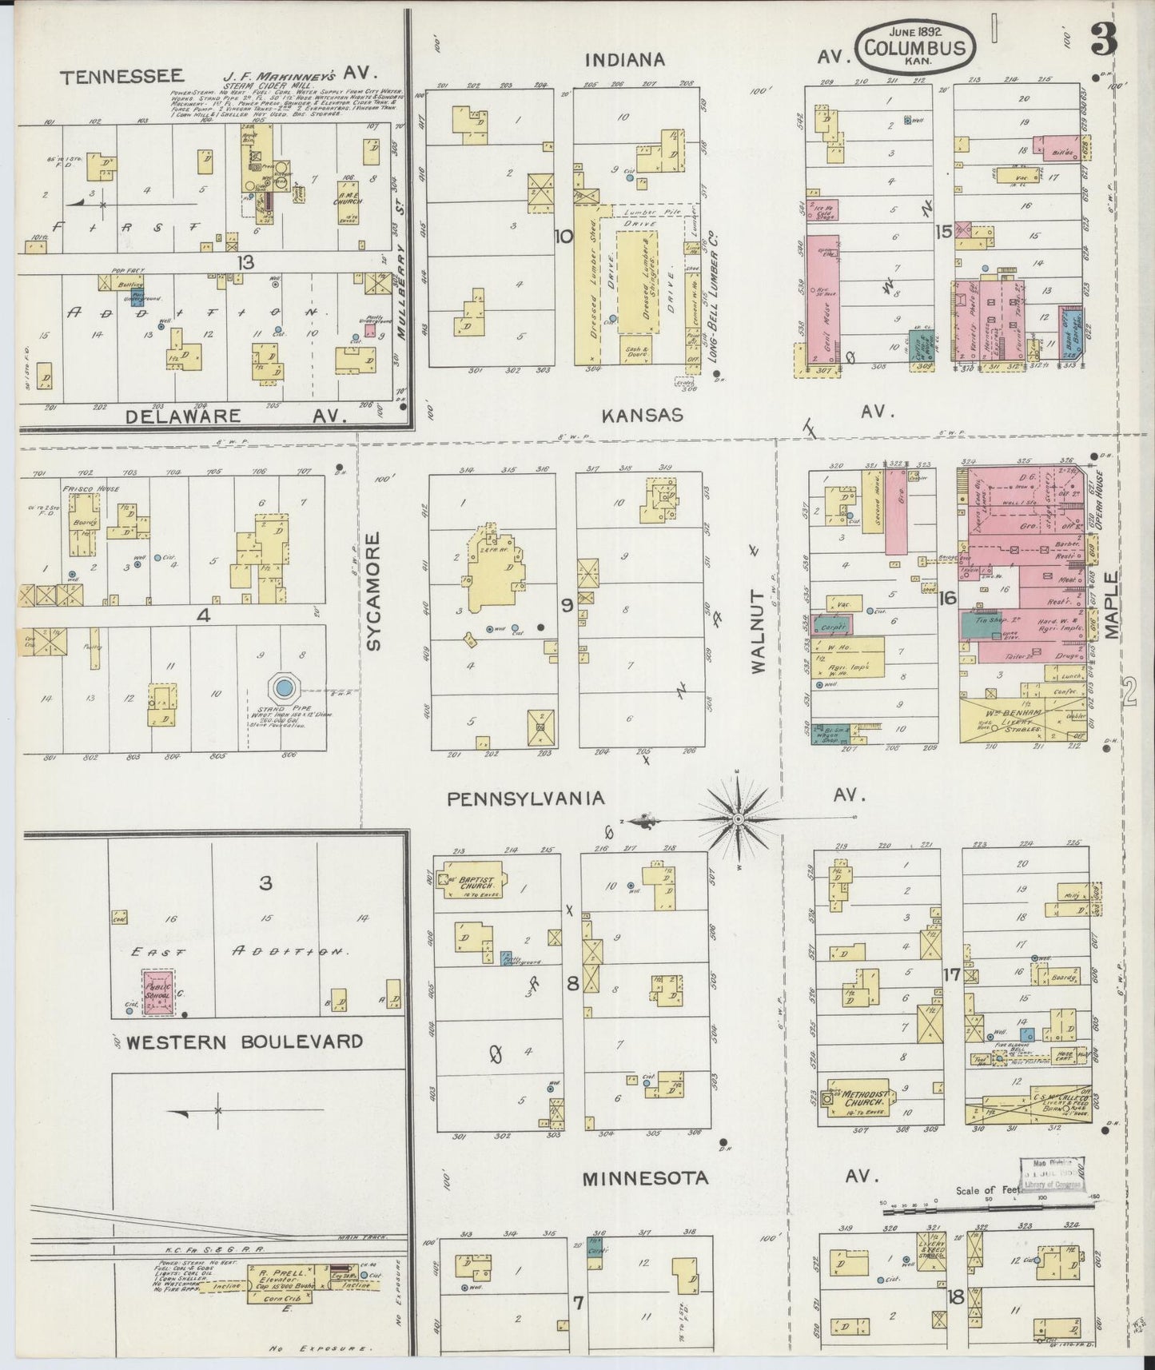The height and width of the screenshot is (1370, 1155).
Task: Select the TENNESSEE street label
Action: (122, 77)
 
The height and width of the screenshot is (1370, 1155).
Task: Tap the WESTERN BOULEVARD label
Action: (245, 1041)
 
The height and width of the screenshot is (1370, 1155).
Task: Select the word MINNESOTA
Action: (645, 1178)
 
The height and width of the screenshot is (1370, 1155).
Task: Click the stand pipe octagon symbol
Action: (283, 687)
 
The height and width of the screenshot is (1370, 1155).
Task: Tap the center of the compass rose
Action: (739, 818)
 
